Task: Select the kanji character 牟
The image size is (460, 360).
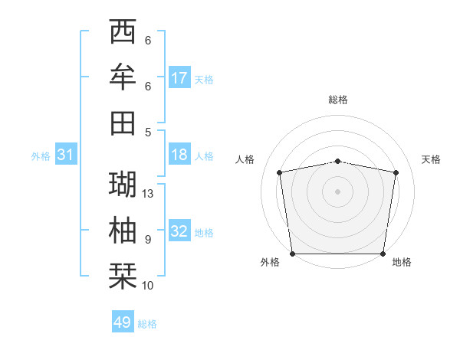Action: [123, 77]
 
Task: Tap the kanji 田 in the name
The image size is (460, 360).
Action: [123, 123]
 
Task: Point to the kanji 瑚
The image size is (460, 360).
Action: [123, 185]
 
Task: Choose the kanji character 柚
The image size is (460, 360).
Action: [123, 230]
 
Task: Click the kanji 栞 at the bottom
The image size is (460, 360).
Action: [123, 275]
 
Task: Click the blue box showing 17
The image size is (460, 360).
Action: [179, 78]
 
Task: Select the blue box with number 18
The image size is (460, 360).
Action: [179, 155]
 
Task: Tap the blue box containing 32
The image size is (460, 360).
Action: [179, 231]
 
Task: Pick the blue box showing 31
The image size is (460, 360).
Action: [66, 155]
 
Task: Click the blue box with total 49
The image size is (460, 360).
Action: [123, 322]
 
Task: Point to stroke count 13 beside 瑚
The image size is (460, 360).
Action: [149, 194]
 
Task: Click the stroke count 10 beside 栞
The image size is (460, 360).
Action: [149, 286]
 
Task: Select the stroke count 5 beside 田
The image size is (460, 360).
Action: [148, 132]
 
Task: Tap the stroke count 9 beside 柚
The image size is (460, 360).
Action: [148, 240]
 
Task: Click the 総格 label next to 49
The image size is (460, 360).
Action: [147, 324]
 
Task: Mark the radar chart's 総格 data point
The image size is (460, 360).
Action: [337, 161]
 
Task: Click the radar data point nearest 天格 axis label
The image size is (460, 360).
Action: [396, 172]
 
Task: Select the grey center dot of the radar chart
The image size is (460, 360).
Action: [337, 191]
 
